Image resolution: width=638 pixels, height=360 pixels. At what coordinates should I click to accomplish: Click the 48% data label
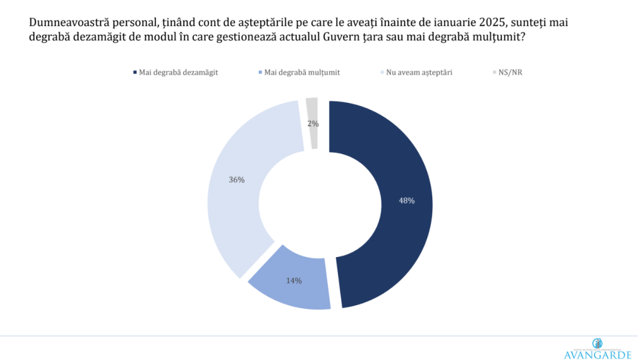pos(407,201)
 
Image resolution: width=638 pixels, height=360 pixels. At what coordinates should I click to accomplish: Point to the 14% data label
pos(294,281)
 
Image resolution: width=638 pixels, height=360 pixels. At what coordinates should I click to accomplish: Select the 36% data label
pos(236,180)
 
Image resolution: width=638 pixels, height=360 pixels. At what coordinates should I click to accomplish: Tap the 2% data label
pos(313,124)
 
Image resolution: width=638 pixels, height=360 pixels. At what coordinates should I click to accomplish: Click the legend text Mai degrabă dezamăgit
pos(178,72)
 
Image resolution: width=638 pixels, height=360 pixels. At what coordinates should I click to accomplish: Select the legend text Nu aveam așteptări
pos(419,72)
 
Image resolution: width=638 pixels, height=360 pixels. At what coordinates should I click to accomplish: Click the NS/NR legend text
pos(510,72)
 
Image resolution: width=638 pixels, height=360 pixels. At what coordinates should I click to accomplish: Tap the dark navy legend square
pos(135,72)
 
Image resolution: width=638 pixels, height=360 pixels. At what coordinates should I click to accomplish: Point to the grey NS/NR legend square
pos(494,72)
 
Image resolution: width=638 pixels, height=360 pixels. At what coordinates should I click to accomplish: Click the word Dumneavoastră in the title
pos(64,21)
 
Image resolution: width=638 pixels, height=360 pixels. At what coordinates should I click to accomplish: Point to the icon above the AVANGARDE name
pos(597,343)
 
